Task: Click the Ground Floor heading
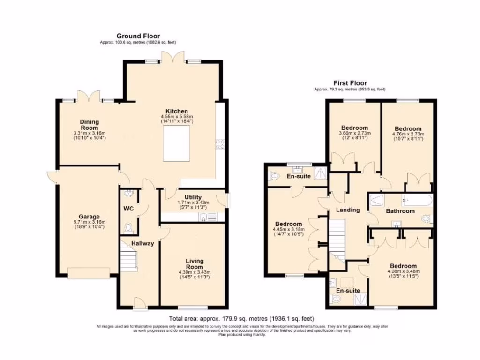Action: (x=138, y=36)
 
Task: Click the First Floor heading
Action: (x=350, y=83)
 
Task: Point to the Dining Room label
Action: (x=89, y=125)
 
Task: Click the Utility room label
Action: (x=193, y=197)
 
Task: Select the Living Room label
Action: (x=194, y=264)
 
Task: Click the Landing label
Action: (x=348, y=210)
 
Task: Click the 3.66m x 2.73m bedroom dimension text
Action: (x=354, y=133)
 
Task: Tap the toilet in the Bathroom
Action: (x=426, y=218)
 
